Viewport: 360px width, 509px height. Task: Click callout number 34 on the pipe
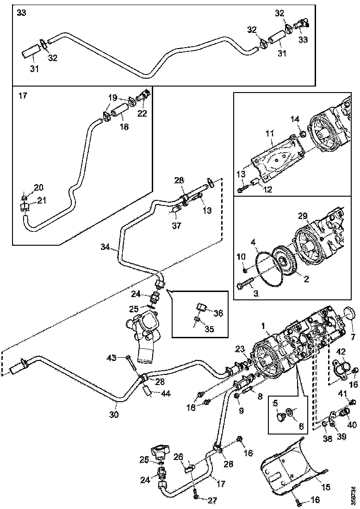106,247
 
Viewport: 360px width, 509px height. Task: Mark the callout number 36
218,313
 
